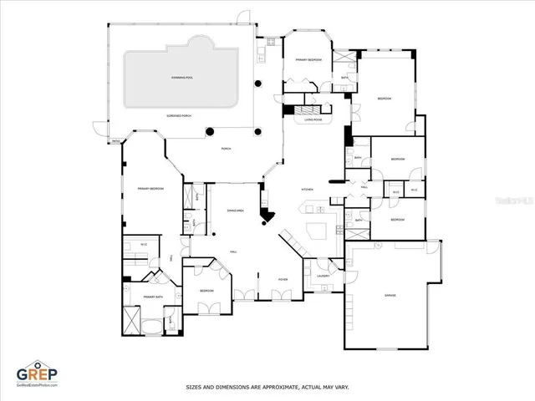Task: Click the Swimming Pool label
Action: tap(182, 78)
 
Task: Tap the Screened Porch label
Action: tap(181, 116)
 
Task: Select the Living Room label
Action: tap(313, 119)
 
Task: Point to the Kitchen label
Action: tap(307, 190)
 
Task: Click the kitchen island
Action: tap(318, 231)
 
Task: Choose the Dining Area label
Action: tap(235, 211)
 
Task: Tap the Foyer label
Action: tap(283, 279)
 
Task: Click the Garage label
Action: tap(390, 296)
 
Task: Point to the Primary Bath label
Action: tap(152, 297)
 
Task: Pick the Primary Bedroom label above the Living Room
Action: tap(308, 60)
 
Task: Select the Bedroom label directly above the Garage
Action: tap(397, 220)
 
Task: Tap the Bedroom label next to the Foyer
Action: tap(206, 291)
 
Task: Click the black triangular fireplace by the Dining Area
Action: tap(267, 219)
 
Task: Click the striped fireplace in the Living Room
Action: tap(311, 109)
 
